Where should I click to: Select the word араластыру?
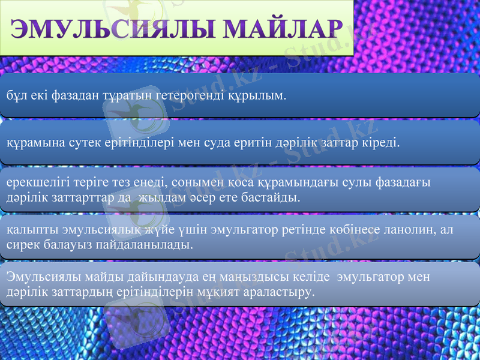pos(281,292)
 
